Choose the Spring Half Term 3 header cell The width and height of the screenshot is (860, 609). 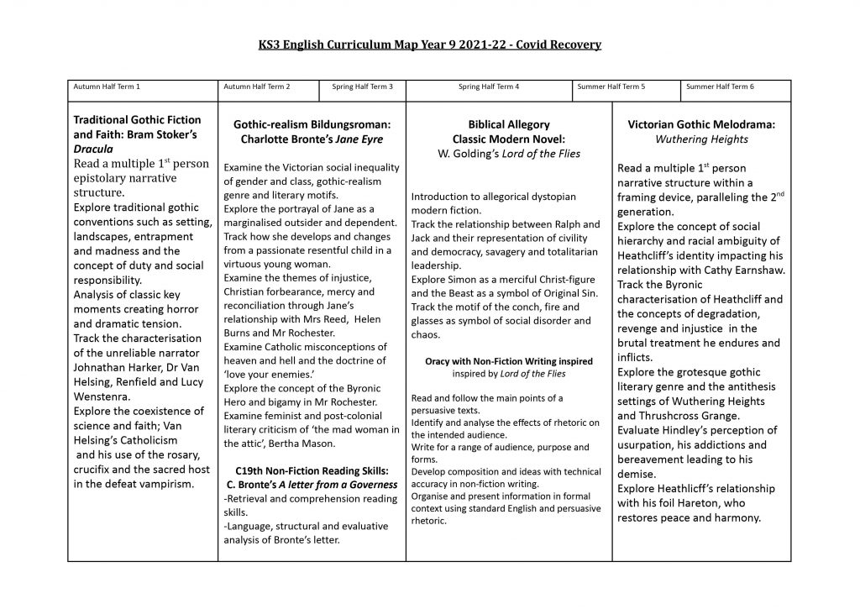pos(357,87)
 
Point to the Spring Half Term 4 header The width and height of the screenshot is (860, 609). pos(488,87)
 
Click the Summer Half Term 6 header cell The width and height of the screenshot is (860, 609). pos(720,87)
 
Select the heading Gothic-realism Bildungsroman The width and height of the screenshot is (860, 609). pos(312,124)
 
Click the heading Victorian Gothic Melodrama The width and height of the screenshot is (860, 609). pos(701,124)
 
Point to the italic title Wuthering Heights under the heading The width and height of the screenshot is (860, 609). pos(701,139)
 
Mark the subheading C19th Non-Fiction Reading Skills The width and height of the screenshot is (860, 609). pos(312,470)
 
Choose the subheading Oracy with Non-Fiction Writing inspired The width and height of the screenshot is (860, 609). pos(509,361)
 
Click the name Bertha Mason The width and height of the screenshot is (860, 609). pos(305,444)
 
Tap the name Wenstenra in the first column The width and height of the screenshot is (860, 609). pos(106,396)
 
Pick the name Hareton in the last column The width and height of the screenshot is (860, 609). pos(714,503)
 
